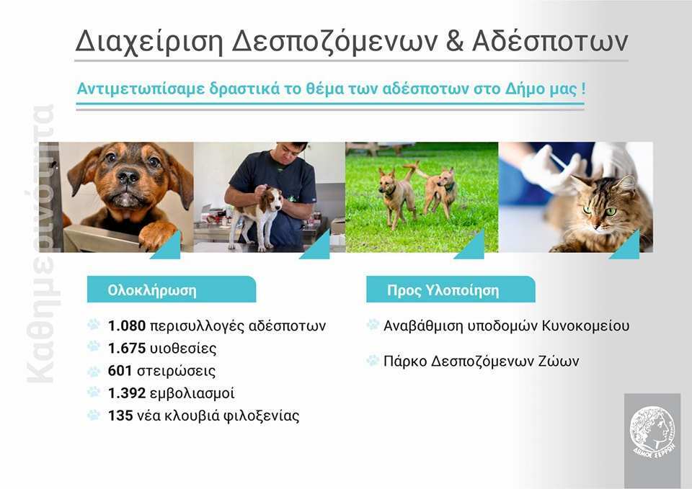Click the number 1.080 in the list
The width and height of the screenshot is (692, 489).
[x=127, y=326]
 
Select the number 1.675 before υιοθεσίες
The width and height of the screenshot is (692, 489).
[x=127, y=349]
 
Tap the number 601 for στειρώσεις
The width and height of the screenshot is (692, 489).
[x=120, y=371]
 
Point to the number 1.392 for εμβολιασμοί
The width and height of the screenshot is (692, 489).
[x=127, y=393]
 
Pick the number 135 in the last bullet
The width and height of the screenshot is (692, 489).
[x=120, y=416]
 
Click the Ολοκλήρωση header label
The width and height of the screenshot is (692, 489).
[x=152, y=290]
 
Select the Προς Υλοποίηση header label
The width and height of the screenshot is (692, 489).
[x=443, y=290]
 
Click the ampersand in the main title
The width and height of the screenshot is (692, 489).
[x=455, y=41]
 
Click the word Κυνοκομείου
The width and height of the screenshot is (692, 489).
[x=585, y=326]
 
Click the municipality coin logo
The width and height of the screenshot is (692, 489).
[x=652, y=433]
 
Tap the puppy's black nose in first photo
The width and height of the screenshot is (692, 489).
[x=128, y=177]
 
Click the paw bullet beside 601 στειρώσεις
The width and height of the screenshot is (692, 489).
[x=94, y=372]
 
